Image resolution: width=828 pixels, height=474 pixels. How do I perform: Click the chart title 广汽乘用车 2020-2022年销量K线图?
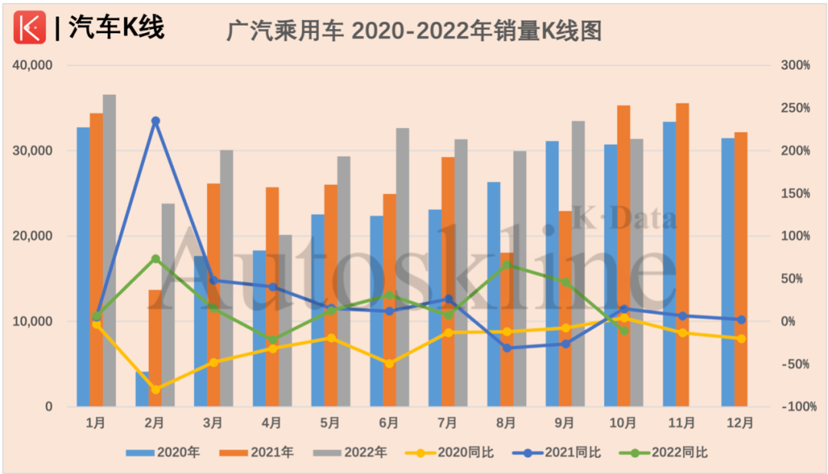click(414, 31)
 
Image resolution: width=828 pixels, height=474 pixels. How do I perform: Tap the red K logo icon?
click(30, 28)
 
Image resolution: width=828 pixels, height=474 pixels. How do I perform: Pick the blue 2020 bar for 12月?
click(728, 272)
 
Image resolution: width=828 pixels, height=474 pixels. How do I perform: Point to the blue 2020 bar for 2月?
click(142, 389)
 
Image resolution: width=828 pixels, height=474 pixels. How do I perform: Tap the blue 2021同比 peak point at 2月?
click(156, 121)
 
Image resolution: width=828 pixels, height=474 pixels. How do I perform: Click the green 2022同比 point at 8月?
click(507, 265)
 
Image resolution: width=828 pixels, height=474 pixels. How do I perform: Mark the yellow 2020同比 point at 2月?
click(156, 390)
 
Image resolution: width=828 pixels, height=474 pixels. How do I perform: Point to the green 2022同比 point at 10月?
click(624, 331)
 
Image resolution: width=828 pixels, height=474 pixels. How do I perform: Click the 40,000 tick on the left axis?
click(32, 66)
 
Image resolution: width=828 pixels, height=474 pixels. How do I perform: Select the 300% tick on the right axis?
click(795, 66)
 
